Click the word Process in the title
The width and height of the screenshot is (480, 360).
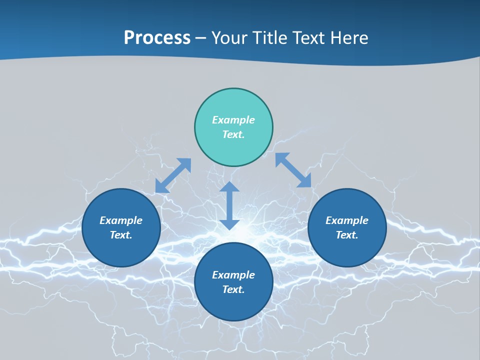coord(157,38)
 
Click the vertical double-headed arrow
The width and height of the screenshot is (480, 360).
coord(229,205)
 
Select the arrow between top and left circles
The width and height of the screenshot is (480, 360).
coord(173,175)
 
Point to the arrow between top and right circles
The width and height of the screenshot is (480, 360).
coord(293,170)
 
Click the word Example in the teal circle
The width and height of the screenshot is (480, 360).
coord(233,120)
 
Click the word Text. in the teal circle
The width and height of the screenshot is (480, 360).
coord(233,134)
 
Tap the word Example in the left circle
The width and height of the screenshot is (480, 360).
coord(121,220)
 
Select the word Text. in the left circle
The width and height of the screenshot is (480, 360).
coord(121,235)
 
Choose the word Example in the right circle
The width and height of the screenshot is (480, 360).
coord(347,220)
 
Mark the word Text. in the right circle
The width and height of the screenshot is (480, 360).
coord(347,235)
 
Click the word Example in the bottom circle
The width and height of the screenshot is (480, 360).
coord(233,275)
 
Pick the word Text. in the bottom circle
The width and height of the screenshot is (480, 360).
coord(233,289)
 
